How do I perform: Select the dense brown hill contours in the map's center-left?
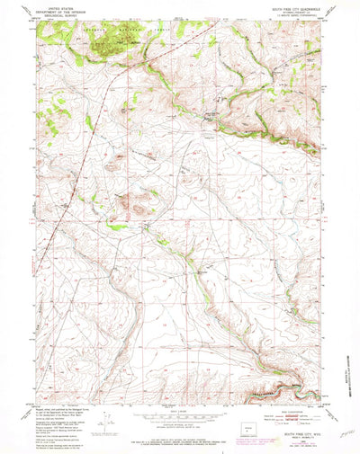click(x=135, y=202)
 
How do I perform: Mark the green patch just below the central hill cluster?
click(x=117, y=227)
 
